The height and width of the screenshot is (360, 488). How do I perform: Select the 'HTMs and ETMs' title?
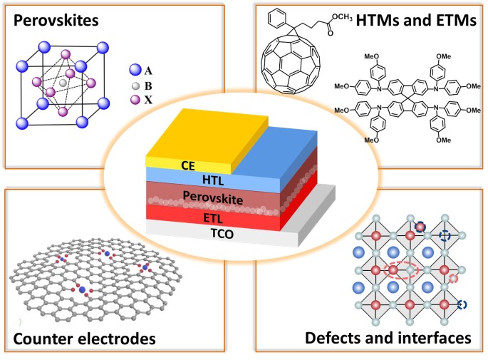coord(419,22)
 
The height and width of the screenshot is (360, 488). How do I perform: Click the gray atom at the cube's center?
coord(62,84)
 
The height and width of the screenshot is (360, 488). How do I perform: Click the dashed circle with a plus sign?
coord(445,235)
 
